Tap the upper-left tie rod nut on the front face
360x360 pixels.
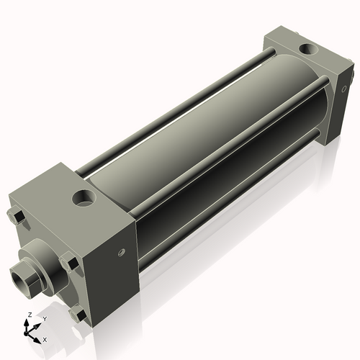[x=14, y=215]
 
